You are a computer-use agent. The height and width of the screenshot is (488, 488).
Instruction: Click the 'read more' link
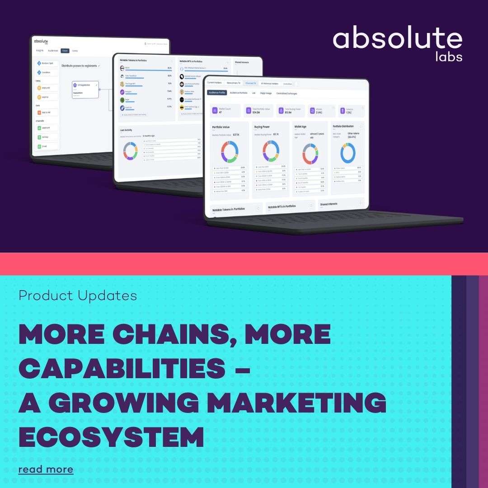pyautogui.click(x=46, y=469)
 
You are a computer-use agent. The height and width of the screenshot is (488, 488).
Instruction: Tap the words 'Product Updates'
pyautogui.click(x=78, y=296)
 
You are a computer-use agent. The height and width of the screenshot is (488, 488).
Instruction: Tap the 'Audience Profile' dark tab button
pyautogui.click(x=217, y=93)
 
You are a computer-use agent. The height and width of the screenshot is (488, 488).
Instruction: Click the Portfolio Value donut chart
pyautogui.click(x=230, y=152)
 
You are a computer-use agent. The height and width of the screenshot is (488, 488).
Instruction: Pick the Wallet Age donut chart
pyautogui.click(x=310, y=154)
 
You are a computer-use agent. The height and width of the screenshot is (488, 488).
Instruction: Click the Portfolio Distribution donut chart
pyautogui.click(x=348, y=153)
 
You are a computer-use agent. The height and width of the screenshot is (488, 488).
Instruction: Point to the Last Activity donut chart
pyautogui.click(x=131, y=151)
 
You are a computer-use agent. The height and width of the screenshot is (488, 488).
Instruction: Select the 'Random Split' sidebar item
pyautogui.click(x=47, y=63)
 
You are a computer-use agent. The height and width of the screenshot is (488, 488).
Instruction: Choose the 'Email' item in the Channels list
pyautogui.click(x=46, y=146)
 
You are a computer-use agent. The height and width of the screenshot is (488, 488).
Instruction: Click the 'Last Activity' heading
pyautogui.click(x=127, y=130)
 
